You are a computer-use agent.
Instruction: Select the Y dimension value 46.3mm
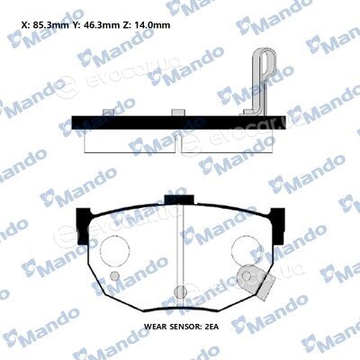pos(96,25)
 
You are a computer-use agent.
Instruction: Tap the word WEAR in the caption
pos(155,327)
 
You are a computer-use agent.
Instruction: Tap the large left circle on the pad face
pos(114,250)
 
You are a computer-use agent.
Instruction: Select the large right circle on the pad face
pos(247,250)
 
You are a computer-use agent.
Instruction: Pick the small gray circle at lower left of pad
pos(114,276)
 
